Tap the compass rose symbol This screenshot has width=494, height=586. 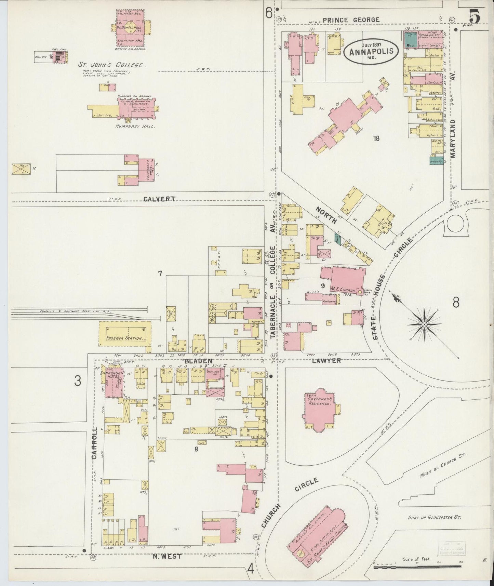424,324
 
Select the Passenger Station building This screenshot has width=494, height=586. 125,333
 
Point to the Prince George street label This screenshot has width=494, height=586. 351,20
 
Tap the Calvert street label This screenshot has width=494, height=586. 159,199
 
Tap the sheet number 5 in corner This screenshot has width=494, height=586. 475,16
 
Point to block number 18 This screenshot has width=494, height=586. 376,138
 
